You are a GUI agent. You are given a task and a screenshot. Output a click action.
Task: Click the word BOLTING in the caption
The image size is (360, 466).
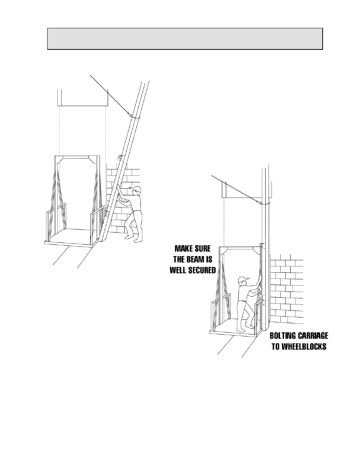coord(283,335)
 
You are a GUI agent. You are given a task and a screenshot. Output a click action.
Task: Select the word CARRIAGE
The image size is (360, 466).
coord(312,335)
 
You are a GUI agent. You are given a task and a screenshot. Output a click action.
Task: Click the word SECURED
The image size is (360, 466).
coord(202,271)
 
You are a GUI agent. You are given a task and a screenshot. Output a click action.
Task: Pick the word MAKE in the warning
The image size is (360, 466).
coord(183,249)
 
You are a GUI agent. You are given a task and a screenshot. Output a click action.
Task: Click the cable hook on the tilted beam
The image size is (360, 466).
coord(129,114)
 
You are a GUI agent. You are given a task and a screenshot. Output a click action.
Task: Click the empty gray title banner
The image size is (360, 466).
coord(185,39)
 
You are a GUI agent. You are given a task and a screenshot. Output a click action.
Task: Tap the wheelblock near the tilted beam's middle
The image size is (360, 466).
coord(120,157)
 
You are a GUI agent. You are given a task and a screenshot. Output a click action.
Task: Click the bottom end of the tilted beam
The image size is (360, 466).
coord(102,241)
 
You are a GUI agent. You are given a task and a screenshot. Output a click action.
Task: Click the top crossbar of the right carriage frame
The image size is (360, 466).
coord(239,248)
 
